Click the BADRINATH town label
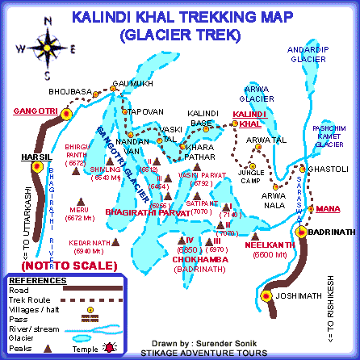[329, 232]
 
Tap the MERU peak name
[79, 207]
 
